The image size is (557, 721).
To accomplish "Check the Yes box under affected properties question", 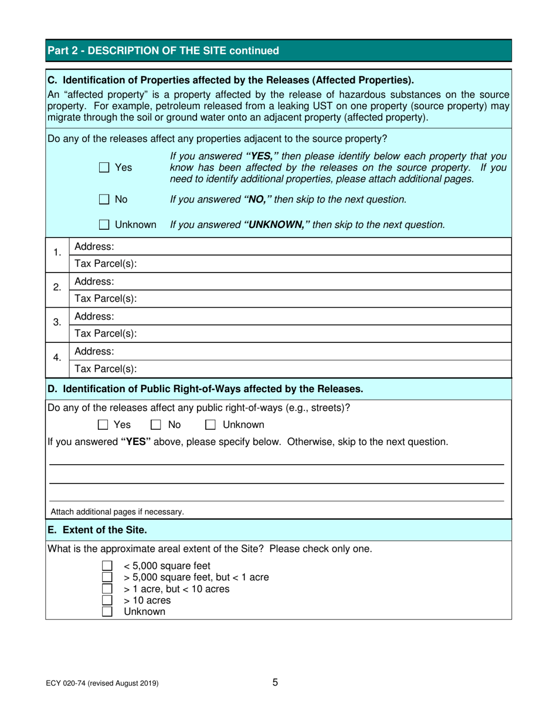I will point(104,168).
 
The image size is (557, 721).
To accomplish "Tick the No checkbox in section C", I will point(104,199).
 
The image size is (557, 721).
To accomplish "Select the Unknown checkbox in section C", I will point(104,224).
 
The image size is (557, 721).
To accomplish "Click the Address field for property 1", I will point(311,246).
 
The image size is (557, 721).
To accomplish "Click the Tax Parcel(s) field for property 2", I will point(322,298).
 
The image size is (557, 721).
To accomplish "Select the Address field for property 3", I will point(311,317).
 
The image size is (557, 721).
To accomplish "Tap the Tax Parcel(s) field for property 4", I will point(322,369).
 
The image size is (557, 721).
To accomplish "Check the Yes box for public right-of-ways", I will point(103,424).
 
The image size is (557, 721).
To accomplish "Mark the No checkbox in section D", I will point(157,424).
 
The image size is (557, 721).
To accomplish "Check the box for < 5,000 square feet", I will point(107,566).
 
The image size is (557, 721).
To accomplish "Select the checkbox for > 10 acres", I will point(107,600).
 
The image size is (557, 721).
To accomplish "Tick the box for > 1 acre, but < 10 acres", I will point(107,589).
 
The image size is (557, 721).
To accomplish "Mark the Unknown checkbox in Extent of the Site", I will point(107,612).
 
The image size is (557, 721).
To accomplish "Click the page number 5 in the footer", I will point(275,682).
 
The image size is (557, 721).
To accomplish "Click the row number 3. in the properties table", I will point(57,323).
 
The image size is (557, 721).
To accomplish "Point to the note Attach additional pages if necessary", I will point(117,512).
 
